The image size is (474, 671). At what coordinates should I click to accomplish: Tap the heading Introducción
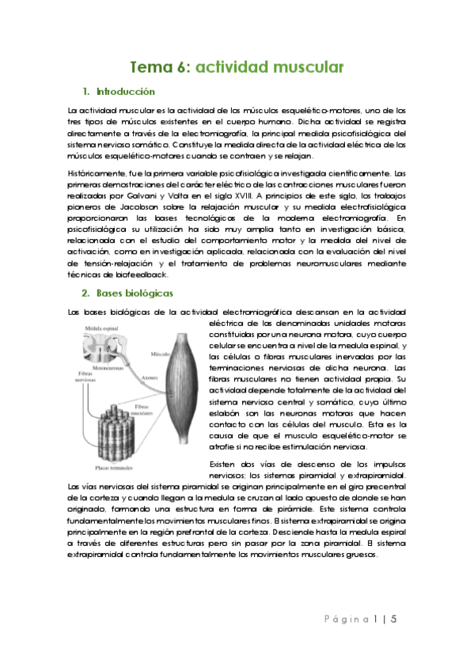point(125,92)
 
